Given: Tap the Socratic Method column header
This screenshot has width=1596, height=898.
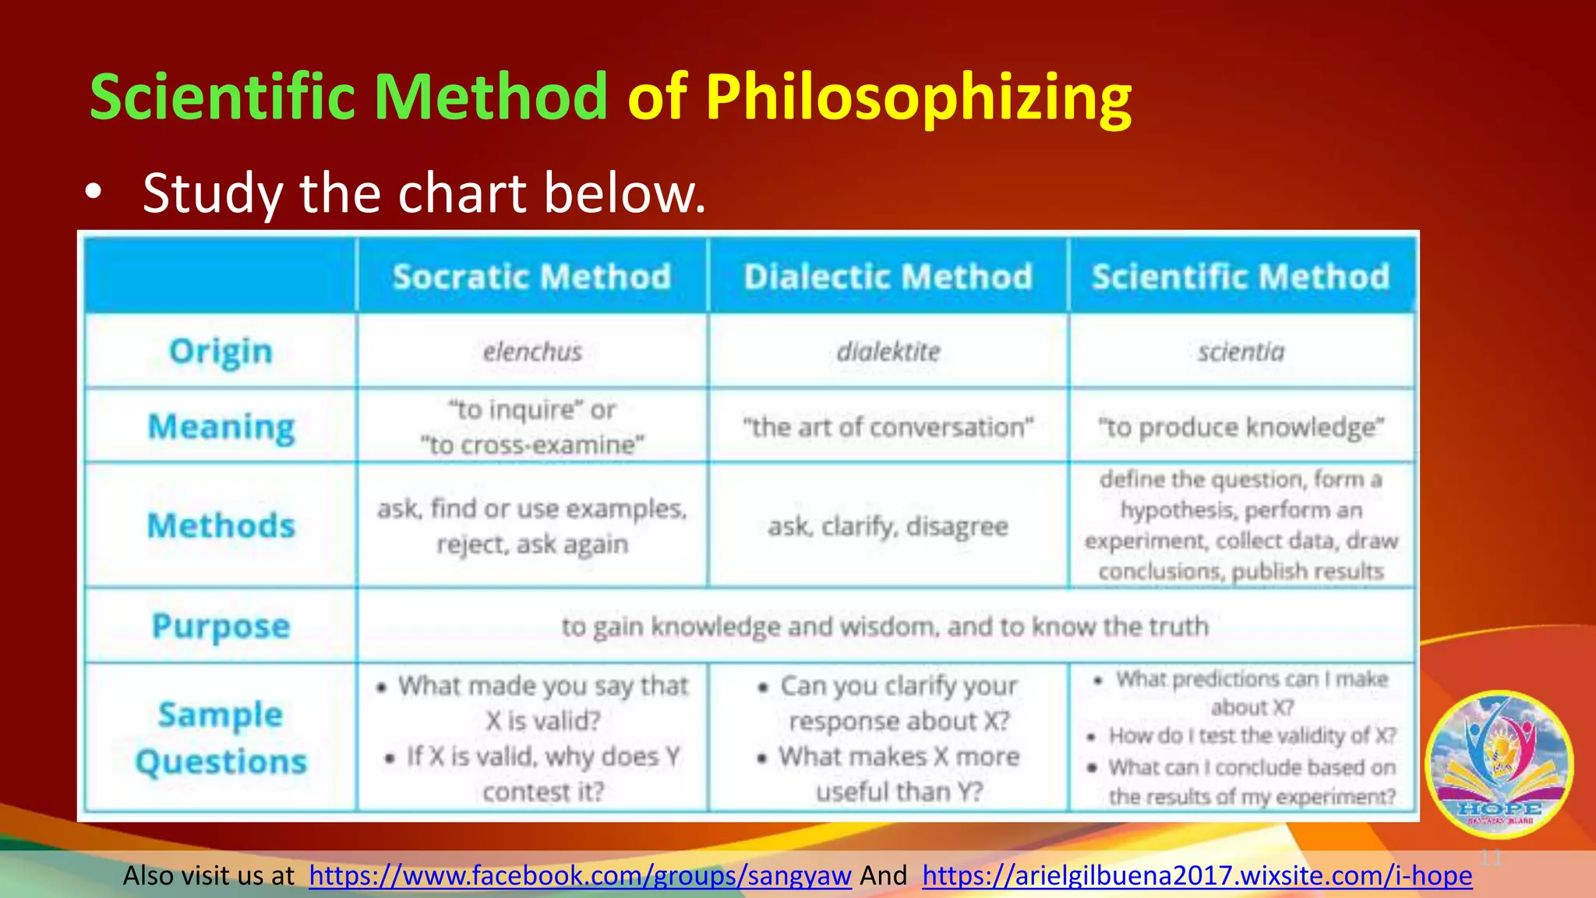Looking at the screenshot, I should (532, 277).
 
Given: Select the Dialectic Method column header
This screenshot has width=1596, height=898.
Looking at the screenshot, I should (888, 277).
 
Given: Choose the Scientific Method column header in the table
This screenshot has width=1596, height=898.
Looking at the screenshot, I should (1241, 277).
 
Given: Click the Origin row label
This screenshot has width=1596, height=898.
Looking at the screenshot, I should (221, 351).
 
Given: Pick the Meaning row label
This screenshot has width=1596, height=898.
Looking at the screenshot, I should (221, 426).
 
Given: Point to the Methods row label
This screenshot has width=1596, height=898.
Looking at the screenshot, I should (221, 525).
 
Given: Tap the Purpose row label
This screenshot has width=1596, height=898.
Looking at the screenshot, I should (221, 626).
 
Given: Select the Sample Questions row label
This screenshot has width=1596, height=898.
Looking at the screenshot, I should (221, 737).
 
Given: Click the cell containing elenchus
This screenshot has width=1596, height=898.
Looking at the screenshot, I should (532, 352).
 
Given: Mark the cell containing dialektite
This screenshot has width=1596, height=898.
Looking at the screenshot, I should (888, 352).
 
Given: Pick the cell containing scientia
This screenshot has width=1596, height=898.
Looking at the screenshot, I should (1241, 352).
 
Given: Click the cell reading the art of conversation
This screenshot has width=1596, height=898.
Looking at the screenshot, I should (888, 427).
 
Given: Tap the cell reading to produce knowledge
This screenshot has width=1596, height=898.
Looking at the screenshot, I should (1241, 427).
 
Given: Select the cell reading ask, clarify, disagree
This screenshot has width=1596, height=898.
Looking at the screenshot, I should (888, 526).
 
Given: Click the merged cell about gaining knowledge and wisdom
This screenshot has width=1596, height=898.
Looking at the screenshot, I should (885, 626).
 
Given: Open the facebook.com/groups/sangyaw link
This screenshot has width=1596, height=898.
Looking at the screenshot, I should (580, 875).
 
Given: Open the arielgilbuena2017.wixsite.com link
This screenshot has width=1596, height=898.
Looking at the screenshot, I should (1197, 875).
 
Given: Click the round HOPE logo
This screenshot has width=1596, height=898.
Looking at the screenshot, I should (1499, 764).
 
